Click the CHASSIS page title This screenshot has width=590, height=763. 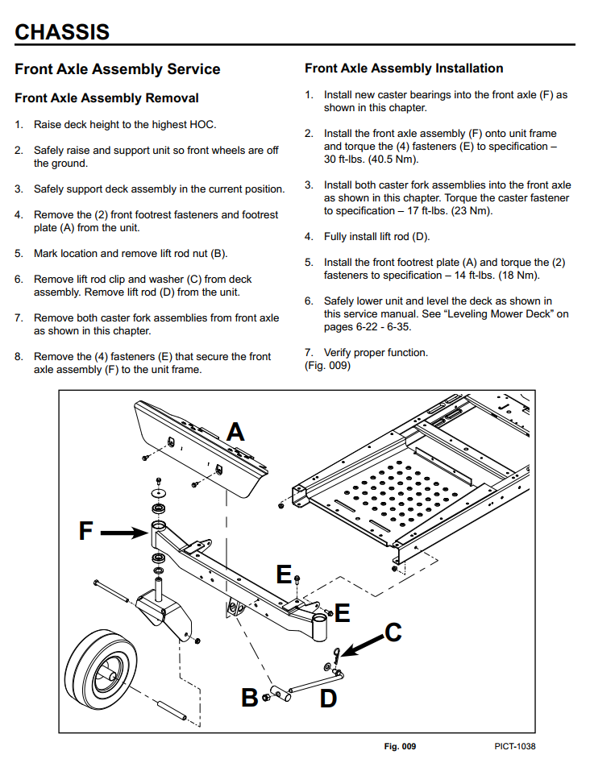(x=62, y=32)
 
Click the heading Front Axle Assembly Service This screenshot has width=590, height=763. (x=117, y=69)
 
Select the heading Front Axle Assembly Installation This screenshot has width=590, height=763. (x=404, y=68)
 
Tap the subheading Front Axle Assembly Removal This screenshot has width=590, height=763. (x=106, y=98)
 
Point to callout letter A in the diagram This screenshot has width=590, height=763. (x=235, y=432)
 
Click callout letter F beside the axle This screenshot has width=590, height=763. (x=86, y=531)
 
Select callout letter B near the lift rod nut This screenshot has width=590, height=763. (x=250, y=697)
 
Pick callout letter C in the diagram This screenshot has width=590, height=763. (x=393, y=632)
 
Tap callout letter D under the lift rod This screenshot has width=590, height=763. (x=328, y=699)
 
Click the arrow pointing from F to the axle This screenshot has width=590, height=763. (x=125, y=532)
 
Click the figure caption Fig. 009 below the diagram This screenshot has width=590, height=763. (x=400, y=747)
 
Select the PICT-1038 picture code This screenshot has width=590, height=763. (x=515, y=747)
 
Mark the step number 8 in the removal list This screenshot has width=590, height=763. (x=19, y=356)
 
